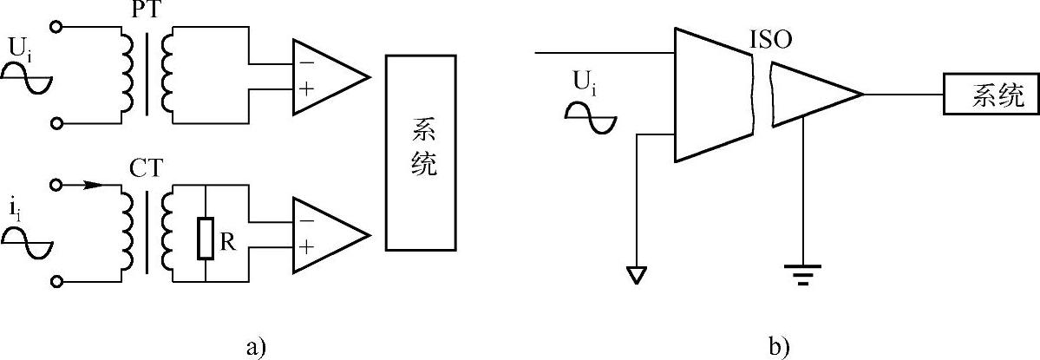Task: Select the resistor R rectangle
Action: click(206, 239)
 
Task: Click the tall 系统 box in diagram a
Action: click(422, 153)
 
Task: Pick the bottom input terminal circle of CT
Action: click(57, 281)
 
